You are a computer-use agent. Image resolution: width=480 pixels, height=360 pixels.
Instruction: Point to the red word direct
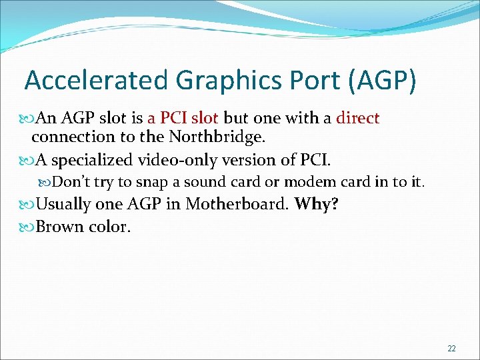click(x=358, y=119)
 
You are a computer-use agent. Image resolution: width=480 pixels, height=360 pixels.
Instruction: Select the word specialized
click(x=93, y=161)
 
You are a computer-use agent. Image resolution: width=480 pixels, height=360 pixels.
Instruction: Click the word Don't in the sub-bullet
click(x=71, y=182)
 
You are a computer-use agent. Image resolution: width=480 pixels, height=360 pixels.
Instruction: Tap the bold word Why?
click(x=317, y=204)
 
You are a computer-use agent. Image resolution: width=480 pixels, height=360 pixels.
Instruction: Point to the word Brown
click(x=57, y=227)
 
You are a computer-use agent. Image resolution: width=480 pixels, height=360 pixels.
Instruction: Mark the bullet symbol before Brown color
click(x=28, y=227)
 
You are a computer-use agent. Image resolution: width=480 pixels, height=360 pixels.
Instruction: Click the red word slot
click(x=204, y=119)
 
